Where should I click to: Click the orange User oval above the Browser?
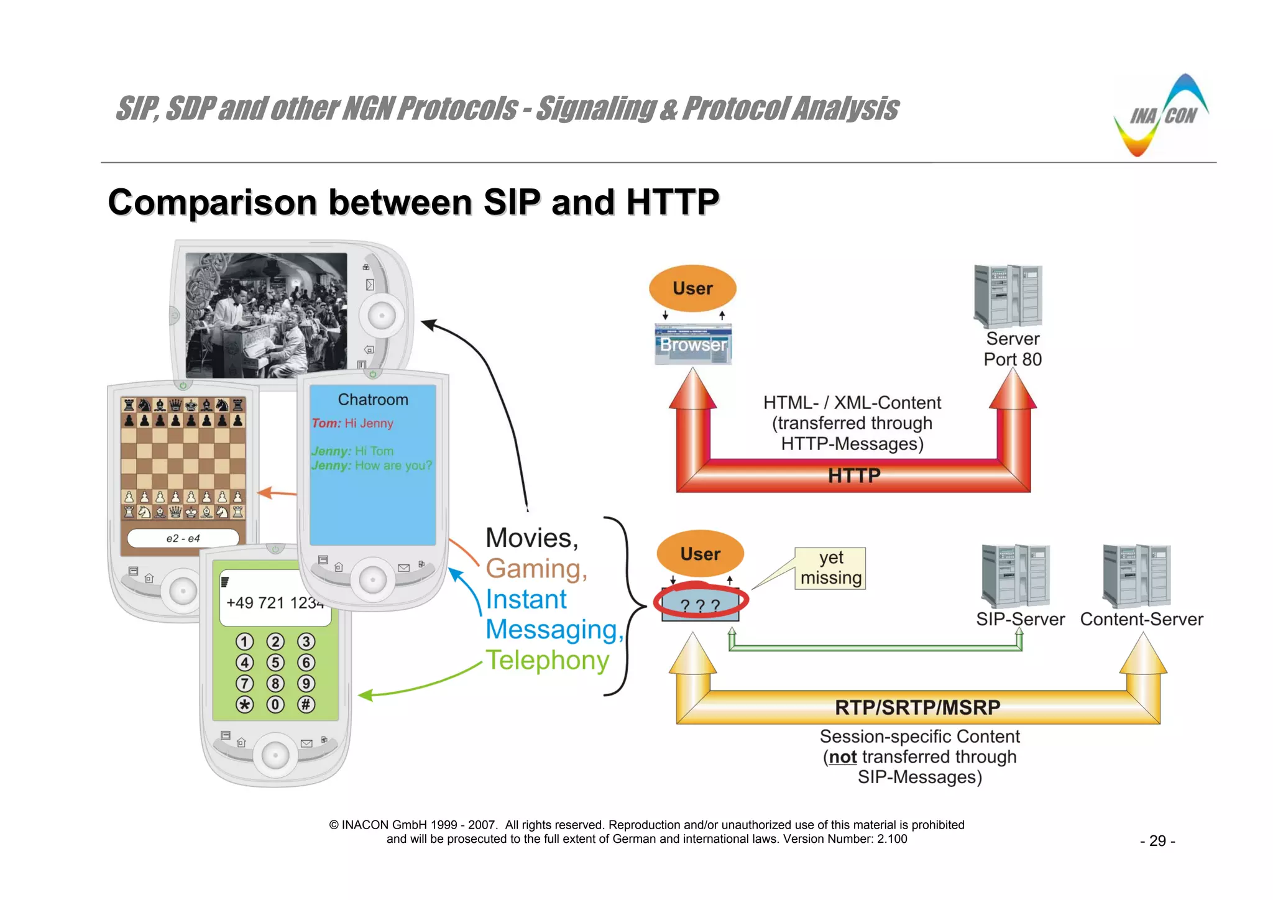[x=692, y=288]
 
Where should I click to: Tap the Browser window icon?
[x=693, y=344]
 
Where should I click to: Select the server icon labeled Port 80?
[x=1008, y=296]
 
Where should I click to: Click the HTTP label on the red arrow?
[x=854, y=476]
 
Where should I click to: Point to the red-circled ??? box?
[x=701, y=604]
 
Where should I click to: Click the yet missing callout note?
[x=830, y=567]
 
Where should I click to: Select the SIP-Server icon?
[x=1016, y=576]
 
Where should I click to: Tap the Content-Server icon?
[x=1137, y=576]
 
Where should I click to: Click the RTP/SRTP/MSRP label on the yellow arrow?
[x=917, y=707]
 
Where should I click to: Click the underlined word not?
[x=843, y=757]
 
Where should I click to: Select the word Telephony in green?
[x=547, y=660]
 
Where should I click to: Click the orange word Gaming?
[x=536, y=569]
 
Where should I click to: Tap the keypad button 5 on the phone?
[x=275, y=663]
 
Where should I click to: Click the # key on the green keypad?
[x=306, y=705]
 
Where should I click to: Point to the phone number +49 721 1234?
[x=275, y=603]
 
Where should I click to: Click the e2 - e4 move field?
[x=183, y=538]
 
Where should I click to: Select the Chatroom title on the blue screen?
[x=373, y=400]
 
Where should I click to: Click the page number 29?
[x=1157, y=841]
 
